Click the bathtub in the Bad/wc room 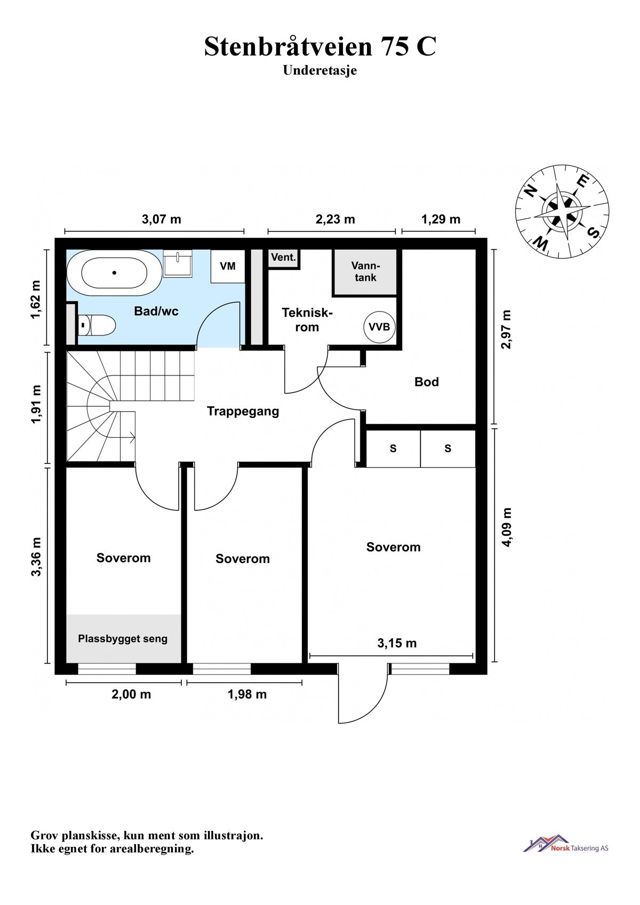click(x=114, y=273)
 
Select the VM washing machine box click(x=228, y=266)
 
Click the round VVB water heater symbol click(x=379, y=327)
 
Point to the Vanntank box click(x=365, y=272)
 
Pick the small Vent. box click(x=283, y=258)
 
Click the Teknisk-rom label click(x=307, y=319)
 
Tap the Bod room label click(x=427, y=382)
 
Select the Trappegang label click(x=243, y=411)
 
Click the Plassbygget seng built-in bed click(x=123, y=639)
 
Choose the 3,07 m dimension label click(x=161, y=219)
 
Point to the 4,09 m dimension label click(x=507, y=527)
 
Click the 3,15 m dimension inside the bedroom click(x=397, y=643)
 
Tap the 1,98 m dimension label click(x=247, y=694)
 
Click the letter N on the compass click(x=531, y=190)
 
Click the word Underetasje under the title click(x=320, y=70)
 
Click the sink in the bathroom click(x=178, y=263)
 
